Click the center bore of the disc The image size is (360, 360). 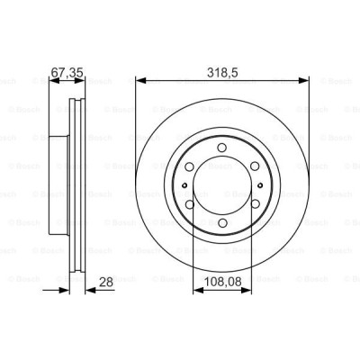(x=221, y=184)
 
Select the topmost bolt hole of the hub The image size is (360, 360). (x=221, y=147)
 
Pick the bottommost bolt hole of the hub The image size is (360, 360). (x=221, y=223)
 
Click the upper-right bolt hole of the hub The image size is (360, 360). (x=255, y=166)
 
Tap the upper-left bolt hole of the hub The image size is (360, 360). (x=188, y=166)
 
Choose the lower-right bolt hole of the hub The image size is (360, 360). (x=255, y=204)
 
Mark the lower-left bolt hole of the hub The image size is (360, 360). (x=188, y=204)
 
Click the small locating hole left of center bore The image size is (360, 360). (x=183, y=184)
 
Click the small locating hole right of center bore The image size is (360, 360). (x=260, y=184)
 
